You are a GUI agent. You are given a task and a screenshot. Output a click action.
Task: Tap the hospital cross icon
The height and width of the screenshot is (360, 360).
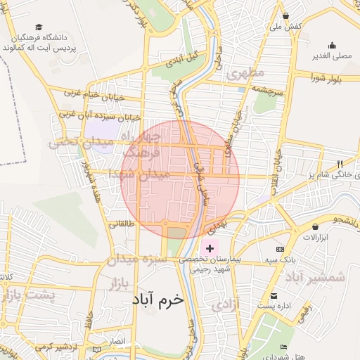click(210, 248)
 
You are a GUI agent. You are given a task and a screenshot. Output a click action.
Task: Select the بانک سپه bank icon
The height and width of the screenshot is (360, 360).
click(281, 250)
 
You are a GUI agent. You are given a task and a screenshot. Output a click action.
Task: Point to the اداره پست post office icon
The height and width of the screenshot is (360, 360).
click(274, 296)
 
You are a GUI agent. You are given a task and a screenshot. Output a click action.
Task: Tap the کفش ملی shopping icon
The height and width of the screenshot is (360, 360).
click(285, 15)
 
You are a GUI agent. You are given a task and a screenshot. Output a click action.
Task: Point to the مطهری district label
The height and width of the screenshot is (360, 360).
click(245, 72)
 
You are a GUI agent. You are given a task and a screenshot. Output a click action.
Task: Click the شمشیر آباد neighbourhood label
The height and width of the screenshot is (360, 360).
click(316, 276)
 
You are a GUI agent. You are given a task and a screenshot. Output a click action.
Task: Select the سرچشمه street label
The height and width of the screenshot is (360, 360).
click(258, 91)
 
